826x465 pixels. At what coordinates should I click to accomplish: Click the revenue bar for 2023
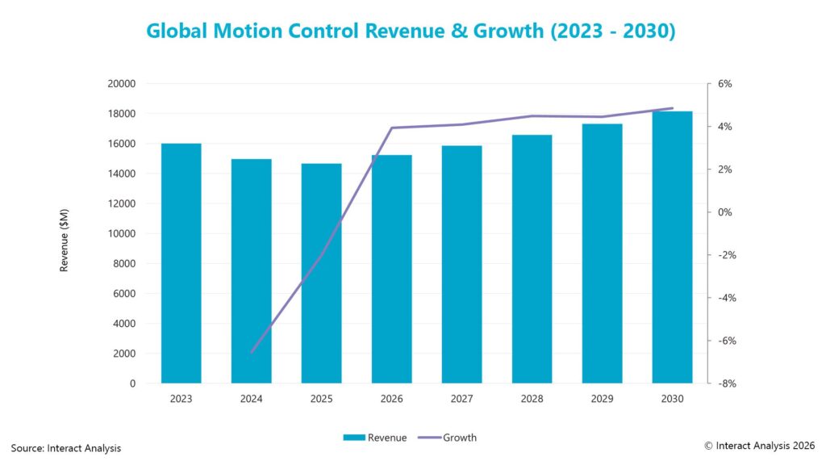tap(181, 263)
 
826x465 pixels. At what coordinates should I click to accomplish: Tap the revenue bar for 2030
tap(672, 247)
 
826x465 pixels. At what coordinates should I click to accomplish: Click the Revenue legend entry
tap(375, 438)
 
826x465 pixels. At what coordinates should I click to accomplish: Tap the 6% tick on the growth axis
tap(724, 84)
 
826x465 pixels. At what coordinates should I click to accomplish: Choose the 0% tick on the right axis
tap(724, 212)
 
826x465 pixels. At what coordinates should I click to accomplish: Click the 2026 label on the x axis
tap(391, 399)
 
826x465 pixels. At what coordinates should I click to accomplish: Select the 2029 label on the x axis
tap(602, 399)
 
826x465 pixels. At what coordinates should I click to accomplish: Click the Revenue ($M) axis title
tap(64, 234)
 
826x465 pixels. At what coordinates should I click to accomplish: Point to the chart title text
tap(411, 31)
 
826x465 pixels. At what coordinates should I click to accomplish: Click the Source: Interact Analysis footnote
tap(66, 448)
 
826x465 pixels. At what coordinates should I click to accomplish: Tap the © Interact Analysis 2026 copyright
tap(760, 445)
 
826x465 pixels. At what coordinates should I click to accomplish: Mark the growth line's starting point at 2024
tap(252, 353)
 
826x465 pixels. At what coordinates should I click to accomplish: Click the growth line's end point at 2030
tap(672, 108)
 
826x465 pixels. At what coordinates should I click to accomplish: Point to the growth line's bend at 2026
tap(391, 128)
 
